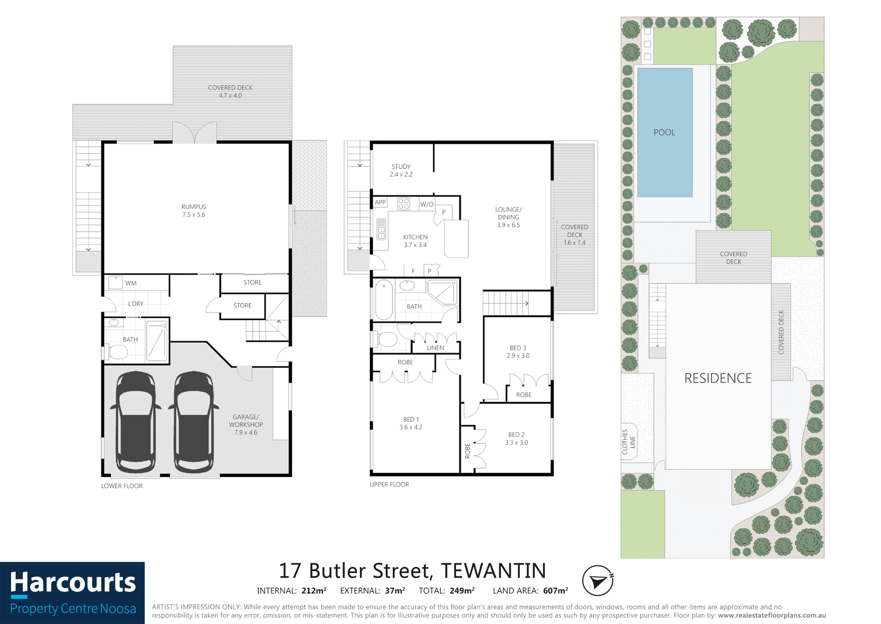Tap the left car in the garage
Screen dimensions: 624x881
point(136,422)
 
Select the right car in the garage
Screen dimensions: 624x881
point(194,422)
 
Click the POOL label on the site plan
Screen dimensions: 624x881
point(664,132)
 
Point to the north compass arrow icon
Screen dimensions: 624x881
point(598,581)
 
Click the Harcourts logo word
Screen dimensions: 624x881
point(73,583)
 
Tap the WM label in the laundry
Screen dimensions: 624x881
point(131,283)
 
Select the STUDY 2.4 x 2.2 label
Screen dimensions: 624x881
point(401,170)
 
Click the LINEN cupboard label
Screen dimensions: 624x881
point(435,347)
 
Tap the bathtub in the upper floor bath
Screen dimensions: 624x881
point(384,300)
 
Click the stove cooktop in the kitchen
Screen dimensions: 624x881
point(403,204)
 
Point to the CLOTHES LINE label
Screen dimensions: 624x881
point(628,442)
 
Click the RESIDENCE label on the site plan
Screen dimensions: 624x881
point(718,378)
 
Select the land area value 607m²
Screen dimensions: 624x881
point(555,591)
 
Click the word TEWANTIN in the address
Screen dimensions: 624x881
point(493,571)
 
